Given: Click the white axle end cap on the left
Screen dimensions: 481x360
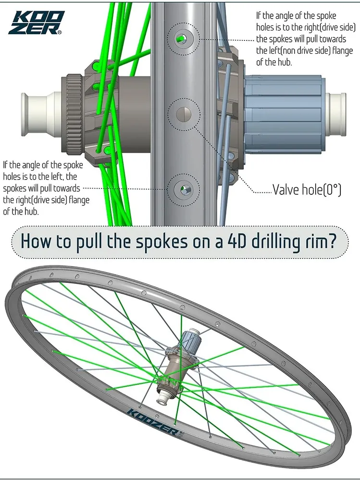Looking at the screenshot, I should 39,114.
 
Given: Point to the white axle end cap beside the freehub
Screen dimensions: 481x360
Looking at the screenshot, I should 336,114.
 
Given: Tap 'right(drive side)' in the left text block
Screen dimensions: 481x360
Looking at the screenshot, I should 34,200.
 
